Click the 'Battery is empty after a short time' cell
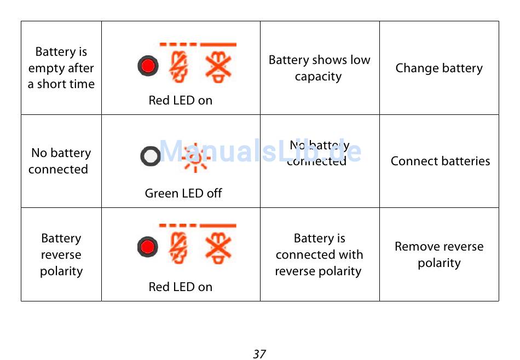click(x=61, y=68)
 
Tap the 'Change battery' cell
click(x=439, y=68)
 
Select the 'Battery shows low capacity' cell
click(x=319, y=68)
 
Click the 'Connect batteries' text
click(x=440, y=161)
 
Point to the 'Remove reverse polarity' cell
click(x=439, y=254)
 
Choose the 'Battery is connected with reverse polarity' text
click(x=319, y=254)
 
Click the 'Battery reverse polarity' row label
click(x=61, y=254)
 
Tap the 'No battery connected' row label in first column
click(x=60, y=161)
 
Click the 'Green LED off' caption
click(x=183, y=193)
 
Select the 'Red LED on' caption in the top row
click(x=180, y=100)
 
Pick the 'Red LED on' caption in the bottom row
click(x=180, y=287)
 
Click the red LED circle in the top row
click(x=147, y=66)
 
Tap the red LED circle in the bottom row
click(x=147, y=247)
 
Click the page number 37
click(x=259, y=354)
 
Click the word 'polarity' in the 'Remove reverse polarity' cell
click(x=439, y=263)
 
